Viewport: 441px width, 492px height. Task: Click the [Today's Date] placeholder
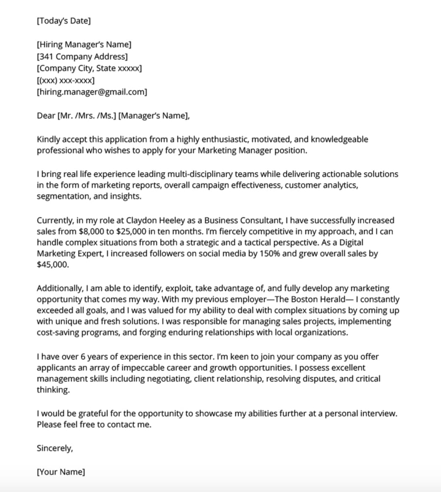pyautogui.click(x=64, y=21)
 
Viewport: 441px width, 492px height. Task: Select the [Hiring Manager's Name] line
pyautogui.click(x=84, y=45)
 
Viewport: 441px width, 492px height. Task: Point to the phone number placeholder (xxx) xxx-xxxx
pyautogui.click(x=66, y=80)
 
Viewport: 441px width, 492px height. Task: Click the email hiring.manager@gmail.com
pyautogui.click(x=92, y=92)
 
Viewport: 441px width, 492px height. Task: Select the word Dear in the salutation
pyautogui.click(x=46, y=116)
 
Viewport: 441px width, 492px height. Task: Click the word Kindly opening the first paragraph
pyautogui.click(x=49, y=140)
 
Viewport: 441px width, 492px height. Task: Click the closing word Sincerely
pyautogui.click(x=55, y=448)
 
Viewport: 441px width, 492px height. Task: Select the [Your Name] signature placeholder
pyautogui.click(x=61, y=472)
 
